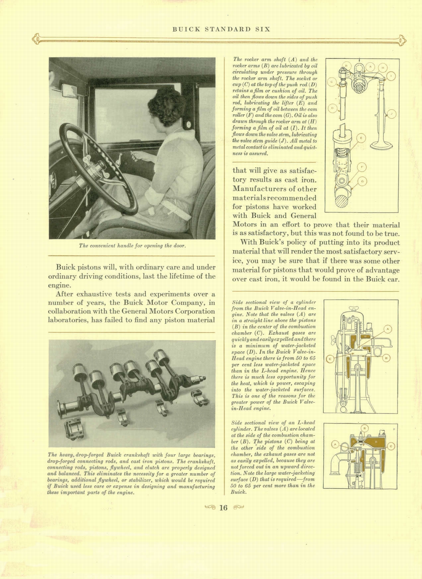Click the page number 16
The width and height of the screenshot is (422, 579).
click(223, 508)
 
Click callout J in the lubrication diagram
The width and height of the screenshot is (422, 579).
click(392, 114)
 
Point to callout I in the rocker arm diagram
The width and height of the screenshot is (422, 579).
click(392, 76)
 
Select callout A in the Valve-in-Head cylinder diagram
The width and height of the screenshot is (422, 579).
click(388, 329)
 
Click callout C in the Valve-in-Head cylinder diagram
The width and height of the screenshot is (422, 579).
click(329, 359)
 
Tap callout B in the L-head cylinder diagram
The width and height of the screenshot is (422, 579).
click(365, 428)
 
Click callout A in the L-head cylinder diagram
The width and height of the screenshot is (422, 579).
click(335, 444)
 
